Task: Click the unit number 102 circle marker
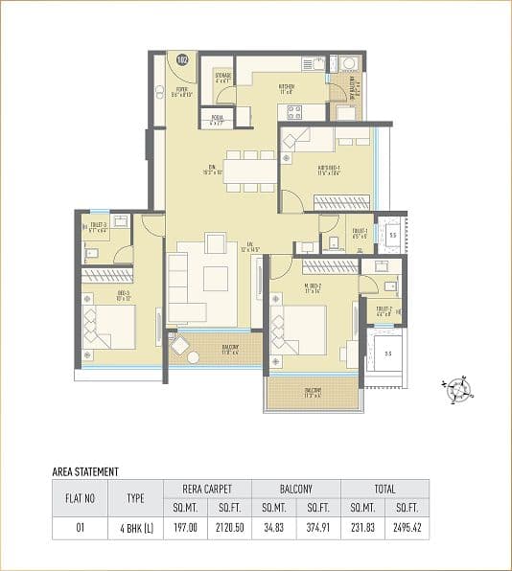pos(183,60)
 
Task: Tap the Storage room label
pos(222,77)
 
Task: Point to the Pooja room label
pos(216,120)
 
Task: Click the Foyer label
pos(182,93)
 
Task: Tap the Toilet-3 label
pos(97,227)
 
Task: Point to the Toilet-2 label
pos(383,312)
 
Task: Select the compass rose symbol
pos(458,388)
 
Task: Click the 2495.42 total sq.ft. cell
pos(407,526)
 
